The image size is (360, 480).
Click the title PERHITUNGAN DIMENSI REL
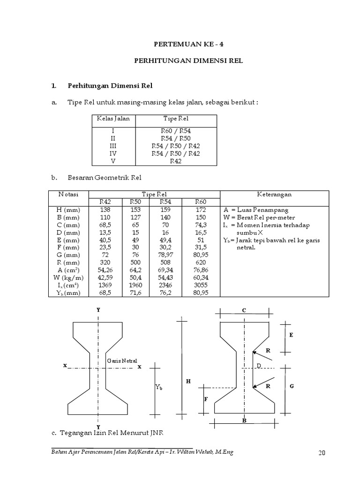[188, 61]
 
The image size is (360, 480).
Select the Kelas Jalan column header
[113, 119]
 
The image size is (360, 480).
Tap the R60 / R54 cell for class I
[176, 131]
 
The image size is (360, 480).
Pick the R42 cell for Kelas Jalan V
[176, 161]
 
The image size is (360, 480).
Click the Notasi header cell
[68, 194]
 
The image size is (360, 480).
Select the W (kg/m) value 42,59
[105, 277]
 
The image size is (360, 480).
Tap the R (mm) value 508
[167, 262]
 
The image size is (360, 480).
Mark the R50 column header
[135, 202]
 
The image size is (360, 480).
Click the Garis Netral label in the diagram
[122, 361]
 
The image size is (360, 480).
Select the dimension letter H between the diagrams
[188, 382]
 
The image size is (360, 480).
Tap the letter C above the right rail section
[244, 310]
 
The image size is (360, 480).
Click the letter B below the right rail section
[244, 421]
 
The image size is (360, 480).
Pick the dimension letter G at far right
[292, 386]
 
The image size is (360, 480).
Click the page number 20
[321, 453]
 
